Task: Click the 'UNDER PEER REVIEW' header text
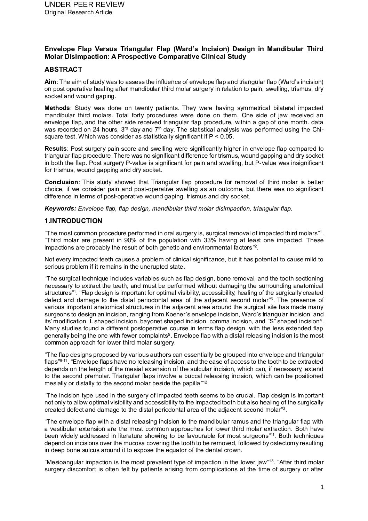tap(85, 5)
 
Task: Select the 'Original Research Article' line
tap(78, 13)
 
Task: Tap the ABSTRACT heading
tap(63, 70)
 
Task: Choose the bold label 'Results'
tap(56, 149)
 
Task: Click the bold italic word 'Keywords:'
tap(60, 208)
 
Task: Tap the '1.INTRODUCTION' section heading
tap(73, 221)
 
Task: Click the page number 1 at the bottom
tap(322, 487)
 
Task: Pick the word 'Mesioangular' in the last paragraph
tap(63, 462)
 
